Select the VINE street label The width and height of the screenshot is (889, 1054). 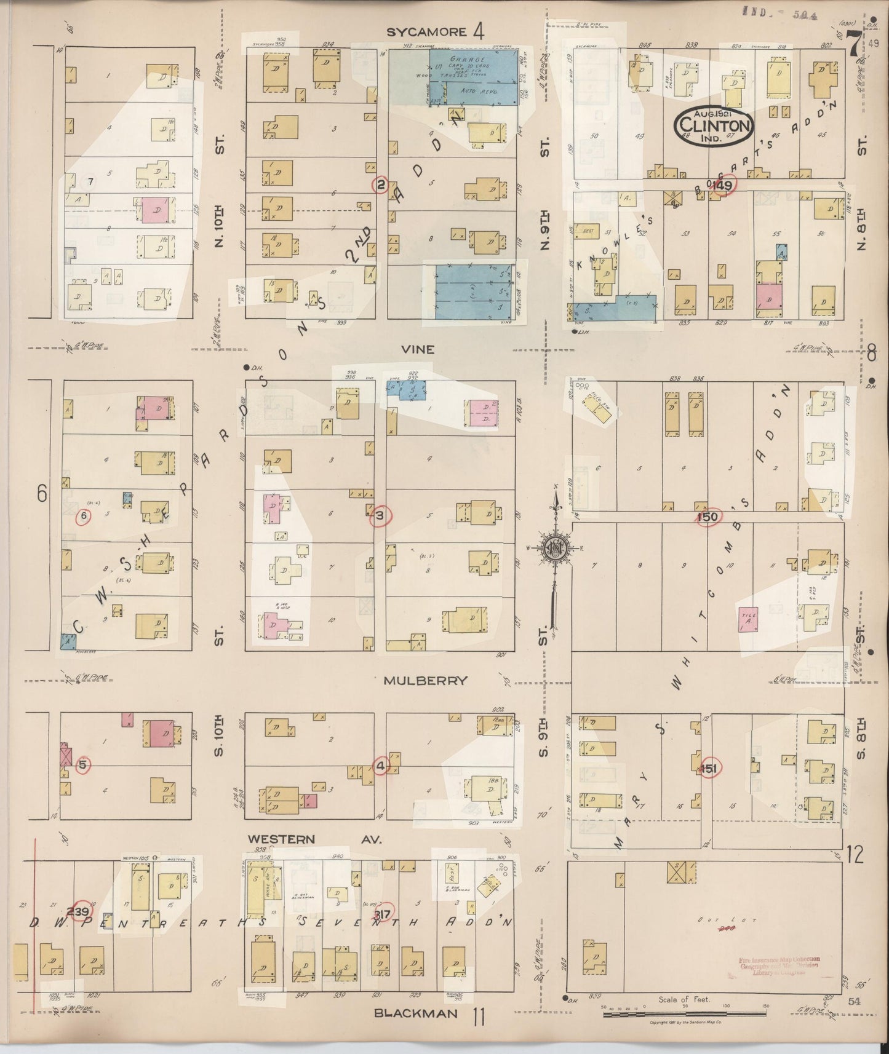pos(418,349)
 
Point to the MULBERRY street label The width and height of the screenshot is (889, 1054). pos(426,681)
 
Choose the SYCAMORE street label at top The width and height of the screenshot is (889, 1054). pos(427,32)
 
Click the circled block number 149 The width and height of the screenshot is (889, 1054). pos(722,185)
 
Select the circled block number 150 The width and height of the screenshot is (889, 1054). pos(708,517)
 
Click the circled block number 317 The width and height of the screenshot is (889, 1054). pos(385,911)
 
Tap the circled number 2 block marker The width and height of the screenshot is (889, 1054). pos(381,184)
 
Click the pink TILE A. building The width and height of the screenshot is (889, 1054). pos(748,618)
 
